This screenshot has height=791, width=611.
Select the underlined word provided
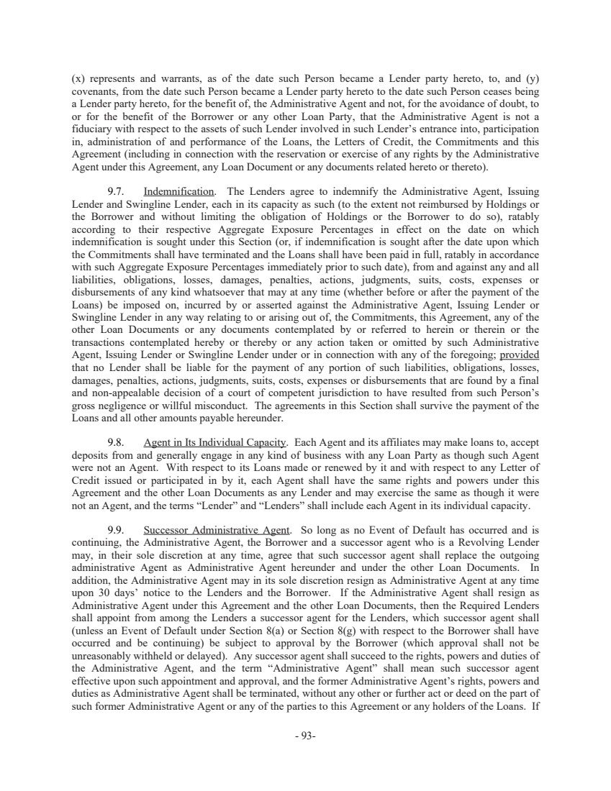pos(520,355)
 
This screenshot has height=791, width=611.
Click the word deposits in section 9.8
pos(91,455)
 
